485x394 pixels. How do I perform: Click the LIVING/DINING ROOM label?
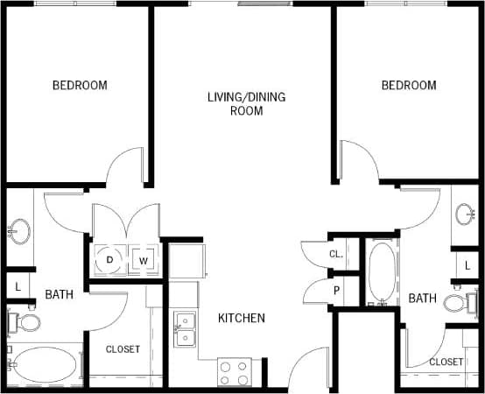246,103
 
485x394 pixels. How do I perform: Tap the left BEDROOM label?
80,85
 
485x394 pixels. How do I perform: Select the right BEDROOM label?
408,85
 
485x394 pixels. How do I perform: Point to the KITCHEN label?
242,318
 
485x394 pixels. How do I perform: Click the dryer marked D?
110,259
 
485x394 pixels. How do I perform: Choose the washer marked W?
143,260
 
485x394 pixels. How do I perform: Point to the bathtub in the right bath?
382,272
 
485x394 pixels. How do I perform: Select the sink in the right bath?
466,214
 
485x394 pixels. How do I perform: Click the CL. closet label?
335,254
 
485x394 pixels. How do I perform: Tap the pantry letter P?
335,291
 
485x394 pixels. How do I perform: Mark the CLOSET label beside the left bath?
123,349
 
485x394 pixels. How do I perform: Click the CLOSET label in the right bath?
446,362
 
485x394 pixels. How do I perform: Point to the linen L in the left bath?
18,285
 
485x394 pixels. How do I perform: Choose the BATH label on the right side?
422,299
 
